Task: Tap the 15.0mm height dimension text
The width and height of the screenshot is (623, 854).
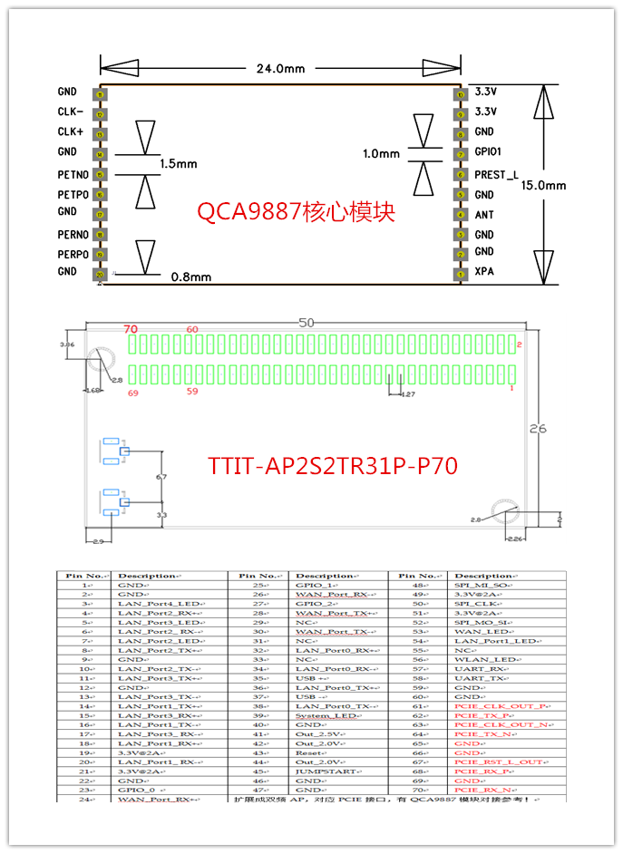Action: click(543, 185)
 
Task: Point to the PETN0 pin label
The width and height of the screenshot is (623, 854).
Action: click(73, 174)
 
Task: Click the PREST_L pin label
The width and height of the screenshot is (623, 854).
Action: click(497, 174)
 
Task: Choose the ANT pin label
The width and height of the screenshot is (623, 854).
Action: click(484, 216)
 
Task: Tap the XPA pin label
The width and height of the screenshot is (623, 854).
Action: click(484, 271)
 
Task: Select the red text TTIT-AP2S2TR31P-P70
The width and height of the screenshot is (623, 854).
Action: click(332, 466)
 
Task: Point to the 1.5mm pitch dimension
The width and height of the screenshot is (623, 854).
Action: click(178, 164)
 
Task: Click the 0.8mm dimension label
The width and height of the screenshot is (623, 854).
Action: click(190, 277)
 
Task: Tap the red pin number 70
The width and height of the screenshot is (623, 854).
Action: click(131, 329)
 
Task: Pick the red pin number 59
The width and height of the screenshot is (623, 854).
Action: click(191, 392)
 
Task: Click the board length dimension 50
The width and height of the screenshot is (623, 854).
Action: click(305, 323)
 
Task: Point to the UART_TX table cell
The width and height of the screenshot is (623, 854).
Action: click(480, 677)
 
